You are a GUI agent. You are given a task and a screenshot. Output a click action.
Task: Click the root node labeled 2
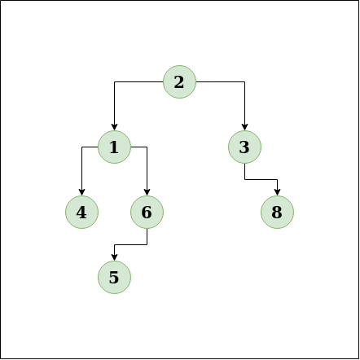click(x=179, y=81)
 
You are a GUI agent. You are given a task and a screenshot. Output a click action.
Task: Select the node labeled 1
click(x=114, y=147)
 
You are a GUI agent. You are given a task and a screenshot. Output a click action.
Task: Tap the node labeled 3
click(x=244, y=147)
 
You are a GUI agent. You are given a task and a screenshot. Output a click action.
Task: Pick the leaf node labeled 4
click(x=81, y=212)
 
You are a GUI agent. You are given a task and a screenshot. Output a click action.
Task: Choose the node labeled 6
click(x=147, y=212)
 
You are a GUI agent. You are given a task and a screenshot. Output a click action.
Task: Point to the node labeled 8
click(x=277, y=212)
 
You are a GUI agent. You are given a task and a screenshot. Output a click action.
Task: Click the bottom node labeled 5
click(x=114, y=277)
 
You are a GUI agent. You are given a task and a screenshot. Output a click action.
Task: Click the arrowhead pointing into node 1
click(x=114, y=127)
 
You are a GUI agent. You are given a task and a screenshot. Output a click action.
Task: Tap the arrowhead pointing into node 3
click(x=244, y=127)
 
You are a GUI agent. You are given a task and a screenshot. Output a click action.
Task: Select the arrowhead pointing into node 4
click(x=81, y=192)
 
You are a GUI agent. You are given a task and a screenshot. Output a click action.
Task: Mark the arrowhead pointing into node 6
click(x=147, y=192)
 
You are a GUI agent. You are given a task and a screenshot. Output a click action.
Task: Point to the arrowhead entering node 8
click(x=277, y=192)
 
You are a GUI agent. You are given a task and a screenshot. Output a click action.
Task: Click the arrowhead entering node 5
click(x=114, y=257)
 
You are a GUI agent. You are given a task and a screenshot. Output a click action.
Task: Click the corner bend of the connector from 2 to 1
click(x=114, y=81)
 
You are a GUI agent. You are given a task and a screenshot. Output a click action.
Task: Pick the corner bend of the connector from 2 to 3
click(x=244, y=81)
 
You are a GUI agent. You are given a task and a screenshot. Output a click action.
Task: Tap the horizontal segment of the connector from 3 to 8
click(x=261, y=179)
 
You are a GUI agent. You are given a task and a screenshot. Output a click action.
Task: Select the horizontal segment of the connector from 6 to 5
click(x=130, y=244)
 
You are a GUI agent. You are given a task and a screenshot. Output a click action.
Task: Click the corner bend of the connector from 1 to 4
click(x=81, y=147)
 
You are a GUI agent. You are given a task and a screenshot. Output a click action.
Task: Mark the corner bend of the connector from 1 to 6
click(x=147, y=147)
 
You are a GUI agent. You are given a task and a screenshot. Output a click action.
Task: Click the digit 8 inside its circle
click(x=277, y=213)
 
